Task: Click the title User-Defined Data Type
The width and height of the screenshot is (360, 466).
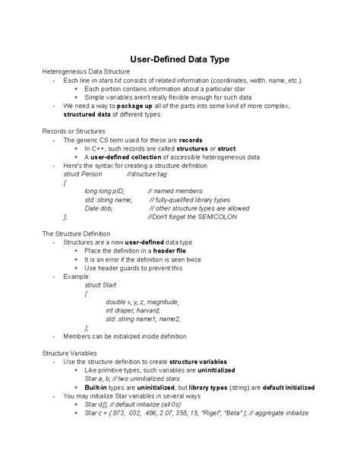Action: (180, 58)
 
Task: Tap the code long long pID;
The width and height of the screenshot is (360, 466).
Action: (105, 191)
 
